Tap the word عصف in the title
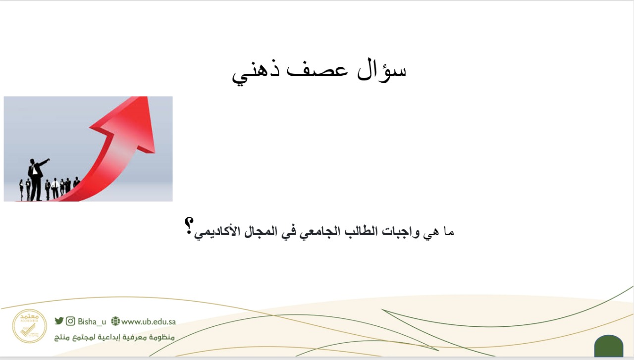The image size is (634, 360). coord(317,71)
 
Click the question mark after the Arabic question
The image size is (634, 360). coord(189,226)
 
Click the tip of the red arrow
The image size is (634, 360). coord(147,97)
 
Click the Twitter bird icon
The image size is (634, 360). coord(59,321)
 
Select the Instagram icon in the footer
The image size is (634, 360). coord(70,321)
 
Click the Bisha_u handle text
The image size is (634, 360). coord(92,321)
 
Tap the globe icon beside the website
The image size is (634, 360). coord(115,321)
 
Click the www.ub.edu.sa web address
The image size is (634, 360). coord(149,322)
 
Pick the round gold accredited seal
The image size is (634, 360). coord(29,326)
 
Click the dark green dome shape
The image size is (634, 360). coord(609,346)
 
